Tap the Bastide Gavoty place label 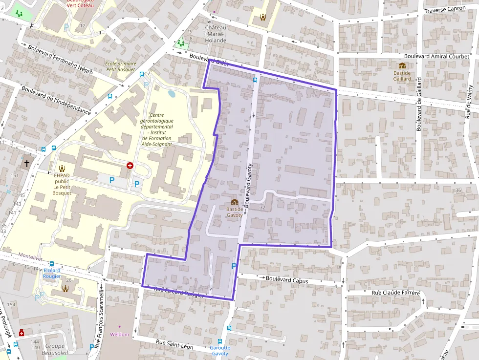pos(234,212)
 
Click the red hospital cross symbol pos(130,166)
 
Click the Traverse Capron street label pos(445,10)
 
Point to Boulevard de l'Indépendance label pos(56,100)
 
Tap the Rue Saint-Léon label pos(174,345)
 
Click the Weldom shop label pos(120,335)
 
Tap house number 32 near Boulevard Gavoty pos(262,208)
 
